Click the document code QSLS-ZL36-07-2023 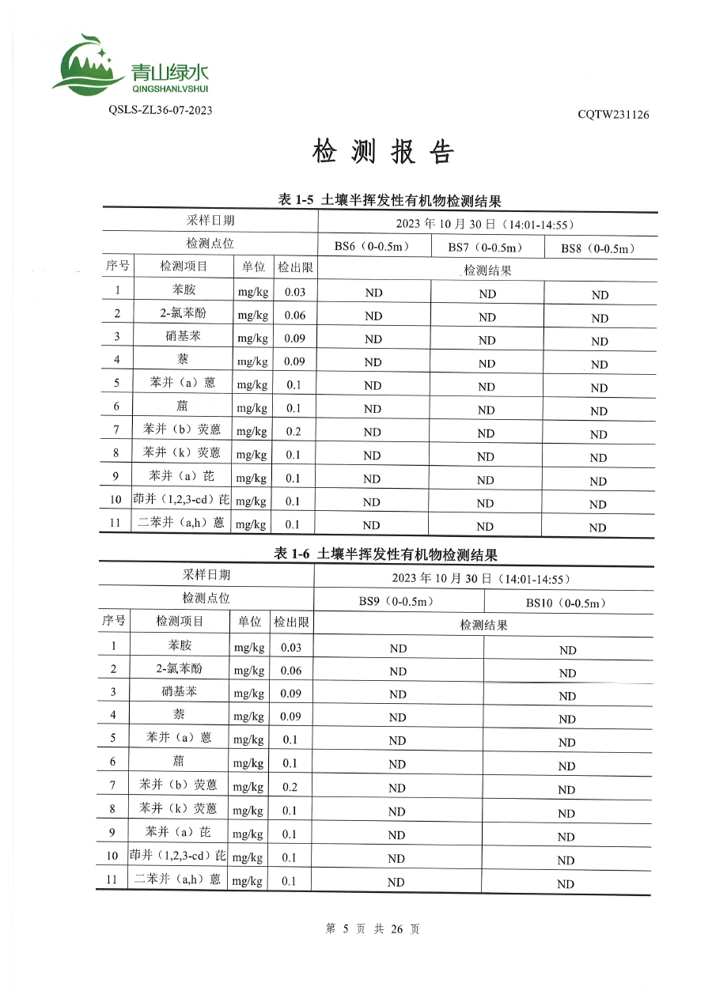(x=160, y=110)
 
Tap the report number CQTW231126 (x=613, y=115)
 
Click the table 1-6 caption (x=385, y=555)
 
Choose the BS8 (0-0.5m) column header (x=599, y=248)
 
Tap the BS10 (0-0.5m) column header (x=566, y=603)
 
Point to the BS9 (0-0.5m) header (x=397, y=601)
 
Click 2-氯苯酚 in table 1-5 (x=180, y=312)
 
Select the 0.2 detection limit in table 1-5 (x=293, y=431)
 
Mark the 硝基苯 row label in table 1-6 (x=179, y=691)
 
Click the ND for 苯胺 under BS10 (x=567, y=650)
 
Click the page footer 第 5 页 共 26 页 (x=373, y=929)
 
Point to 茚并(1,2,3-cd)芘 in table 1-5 (x=181, y=500)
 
